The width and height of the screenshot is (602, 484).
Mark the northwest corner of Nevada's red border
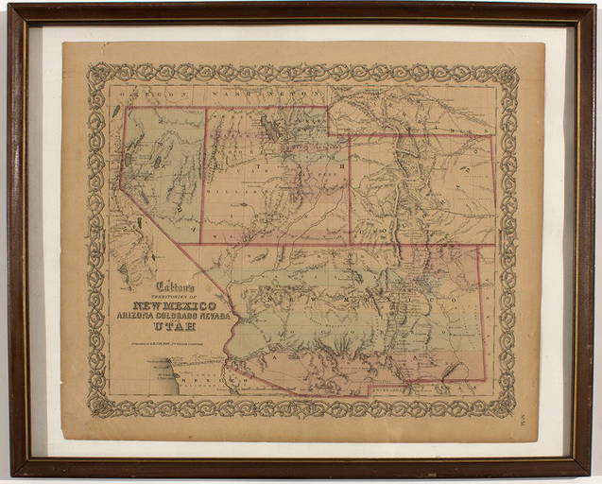click(127, 107)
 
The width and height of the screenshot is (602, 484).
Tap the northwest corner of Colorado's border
click(351, 136)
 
